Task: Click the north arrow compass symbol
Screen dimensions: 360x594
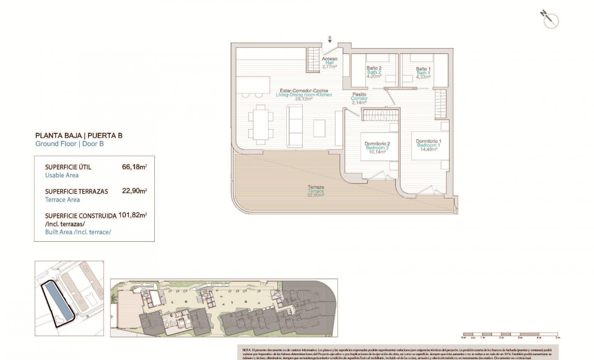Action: click(550, 20)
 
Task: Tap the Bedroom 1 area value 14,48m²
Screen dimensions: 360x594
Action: click(428, 150)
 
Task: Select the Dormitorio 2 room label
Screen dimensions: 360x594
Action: click(377, 144)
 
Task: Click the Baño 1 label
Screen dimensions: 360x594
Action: click(423, 68)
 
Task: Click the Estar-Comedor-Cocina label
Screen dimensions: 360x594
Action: click(303, 91)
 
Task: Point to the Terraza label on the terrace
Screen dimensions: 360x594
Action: click(315, 187)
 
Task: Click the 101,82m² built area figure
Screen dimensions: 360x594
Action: click(132, 215)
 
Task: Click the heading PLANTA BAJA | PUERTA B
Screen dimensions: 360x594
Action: click(79, 135)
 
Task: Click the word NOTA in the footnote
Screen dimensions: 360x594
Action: click(247, 350)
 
